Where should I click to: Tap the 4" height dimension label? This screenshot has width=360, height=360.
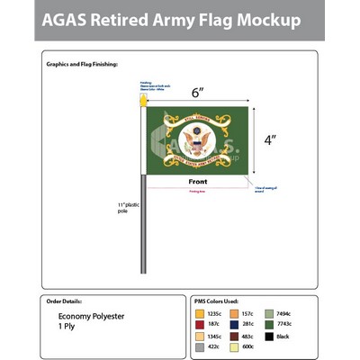click(x=268, y=140)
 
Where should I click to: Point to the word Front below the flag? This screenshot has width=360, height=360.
click(x=198, y=181)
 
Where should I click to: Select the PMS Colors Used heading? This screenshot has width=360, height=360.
click(x=217, y=301)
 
